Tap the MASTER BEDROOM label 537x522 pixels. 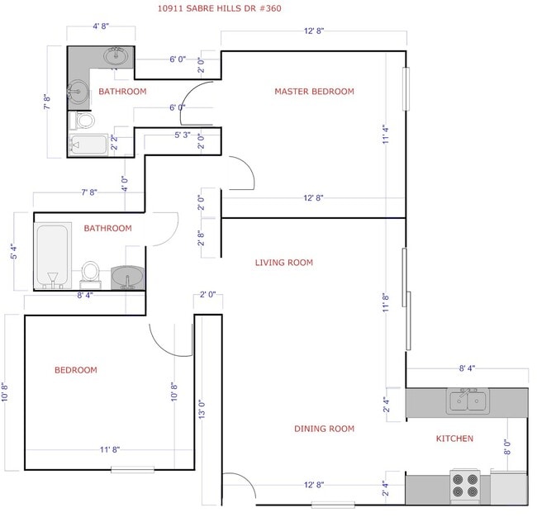(x=314, y=92)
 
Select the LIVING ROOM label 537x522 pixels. (x=283, y=263)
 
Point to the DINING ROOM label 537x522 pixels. (x=324, y=429)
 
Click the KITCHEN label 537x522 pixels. (x=454, y=439)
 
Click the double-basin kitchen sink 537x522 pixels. (x=468, y=401)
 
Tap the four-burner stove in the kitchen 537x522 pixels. (x=465, y=485)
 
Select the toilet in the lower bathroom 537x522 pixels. (x=91, y=272)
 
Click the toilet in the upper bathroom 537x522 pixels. (x=84, y=121)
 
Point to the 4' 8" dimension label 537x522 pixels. (x=102, y=27)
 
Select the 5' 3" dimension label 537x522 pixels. (x=183, y=135)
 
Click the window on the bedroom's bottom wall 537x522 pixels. (x=132, y=470)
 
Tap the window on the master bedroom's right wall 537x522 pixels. (x=405, y=88)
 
